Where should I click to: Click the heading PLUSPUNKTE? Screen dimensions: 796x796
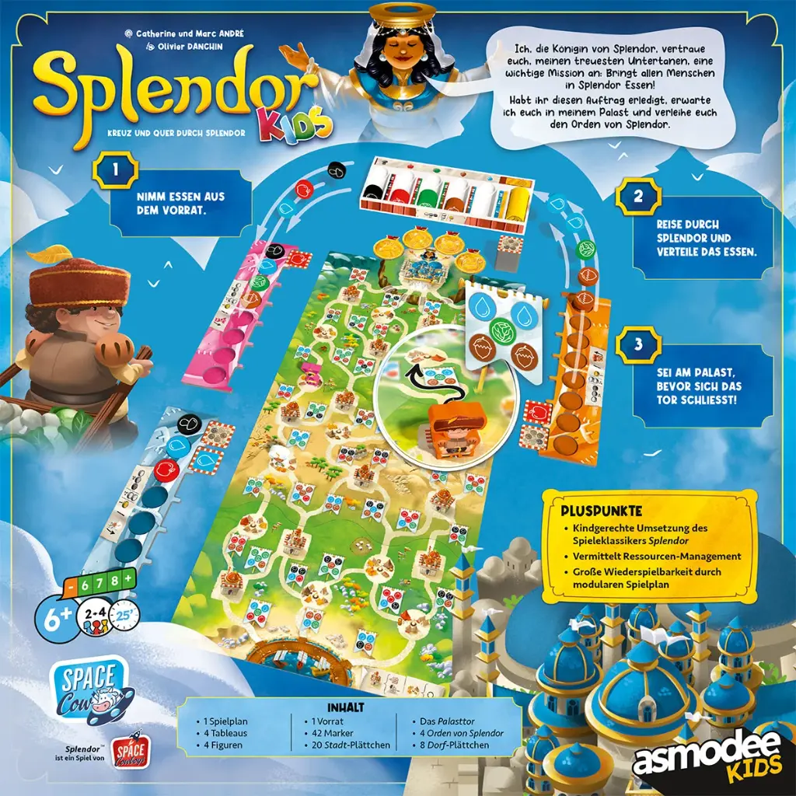(x=601, y=512)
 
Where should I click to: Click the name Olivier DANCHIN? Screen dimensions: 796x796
(x=190, y=47)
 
